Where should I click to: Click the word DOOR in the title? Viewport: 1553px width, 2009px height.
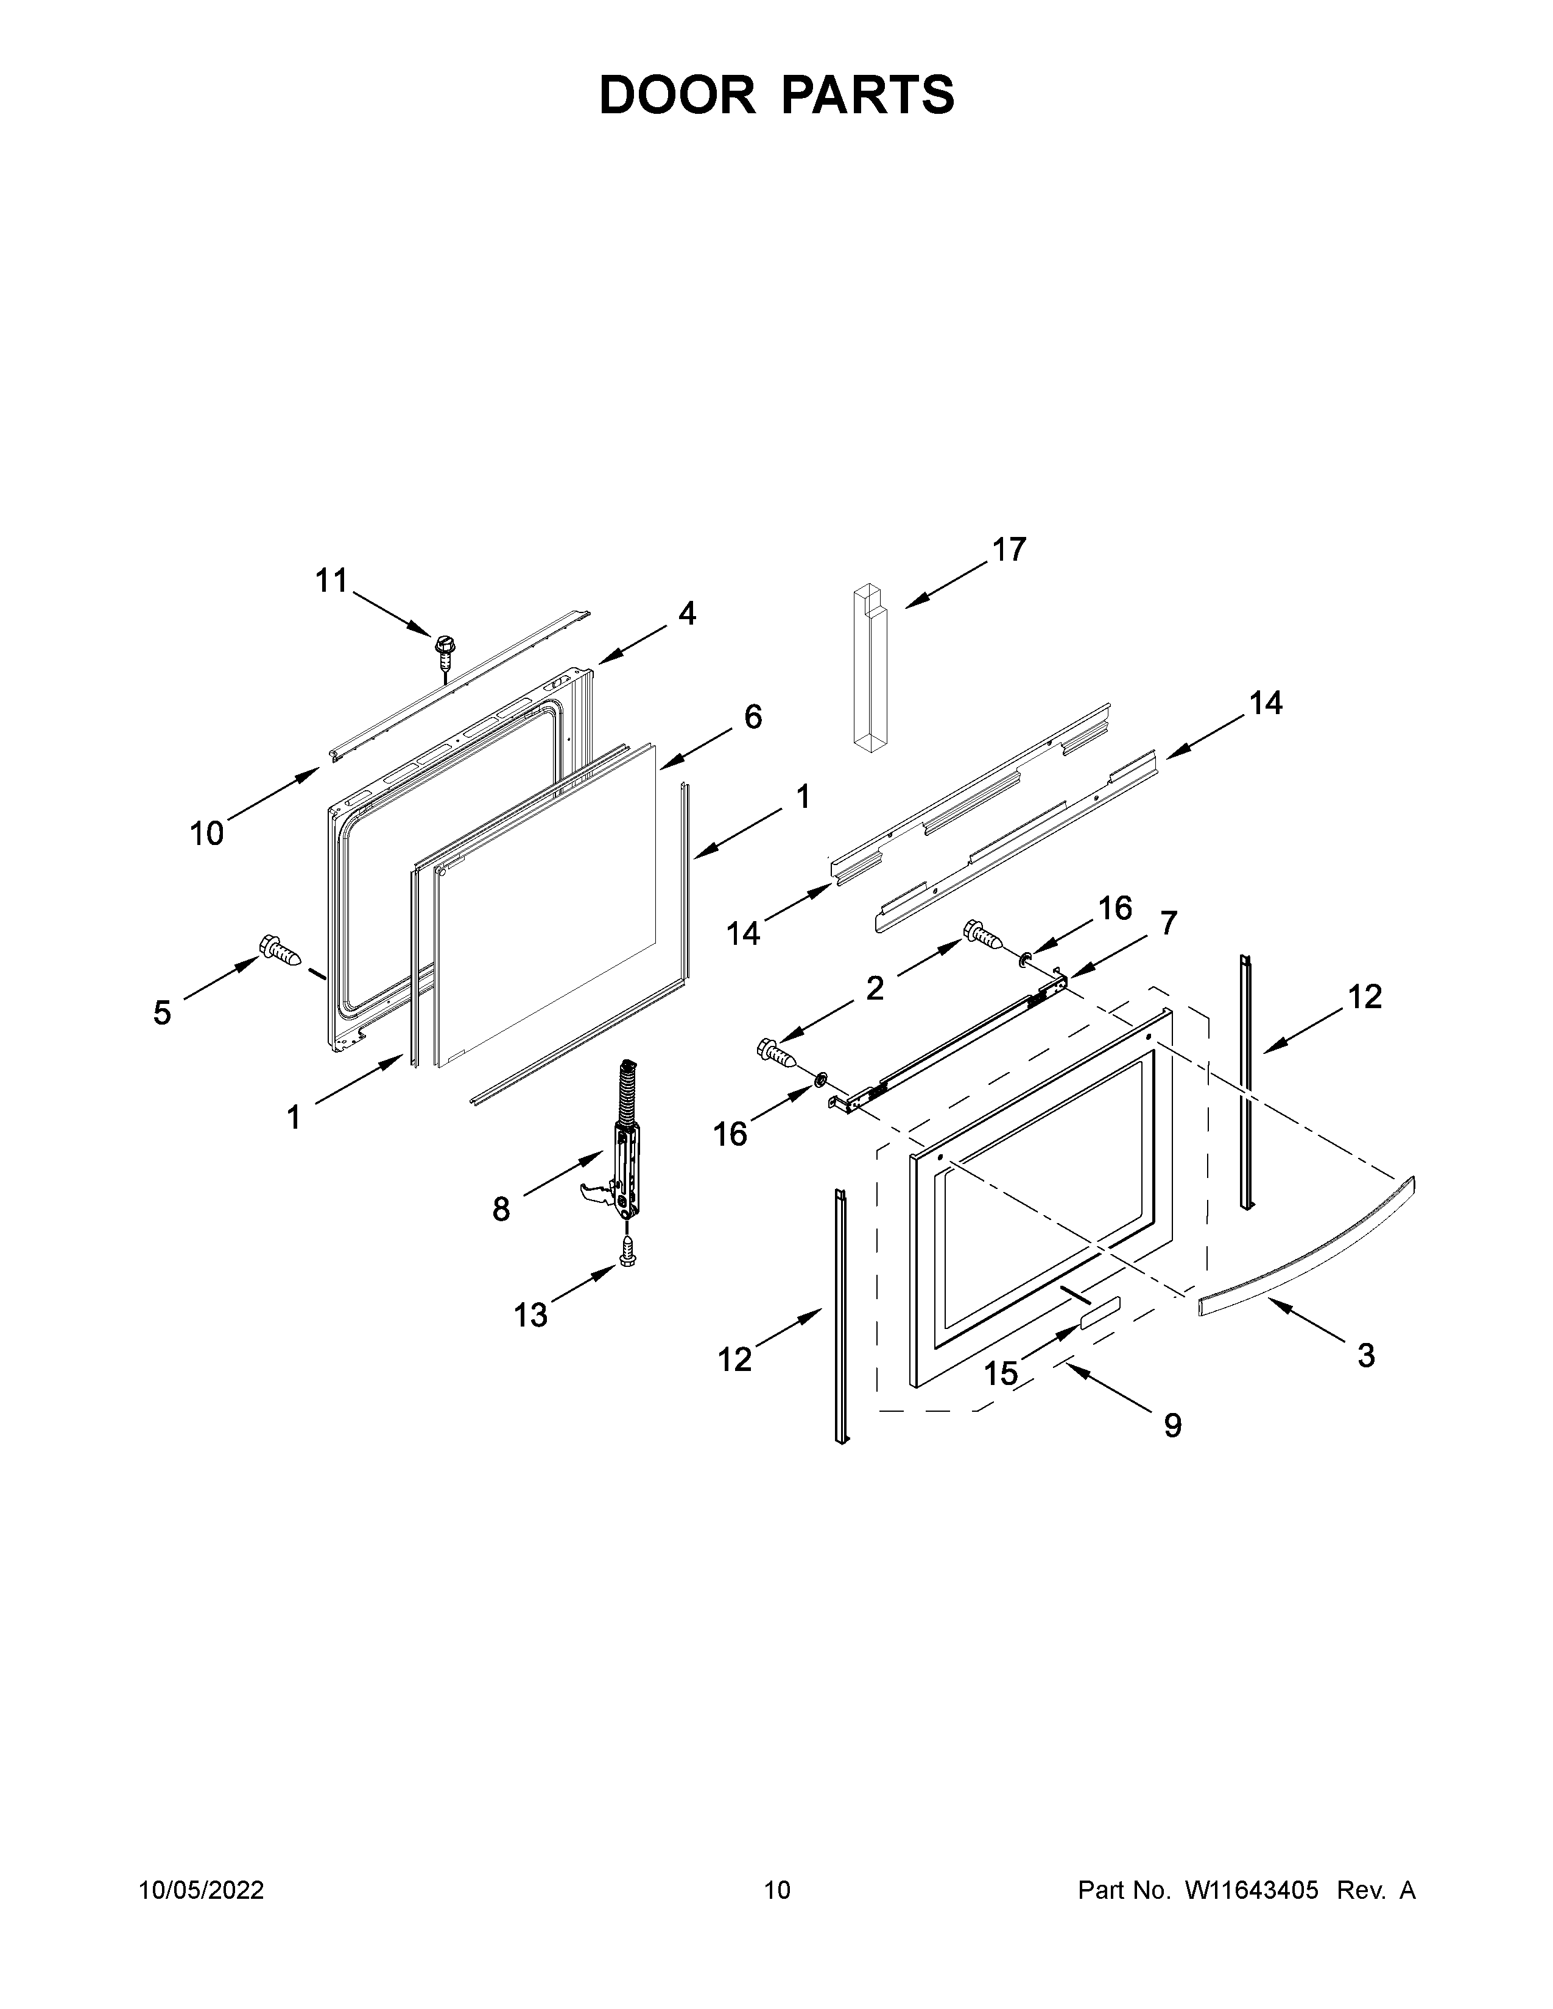(x=677, y=95)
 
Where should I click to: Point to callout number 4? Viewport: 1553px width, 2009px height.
(x=687, y=614)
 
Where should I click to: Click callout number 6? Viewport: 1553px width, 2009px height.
(x=753, y=717)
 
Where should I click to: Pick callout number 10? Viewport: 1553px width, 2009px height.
(x=207, y=833)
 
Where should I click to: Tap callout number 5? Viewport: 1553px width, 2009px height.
(x=162, y=1013)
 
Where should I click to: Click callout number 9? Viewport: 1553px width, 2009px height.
(x=1172, y=1425)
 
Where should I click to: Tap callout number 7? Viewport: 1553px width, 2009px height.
(x=1169, y=923)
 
